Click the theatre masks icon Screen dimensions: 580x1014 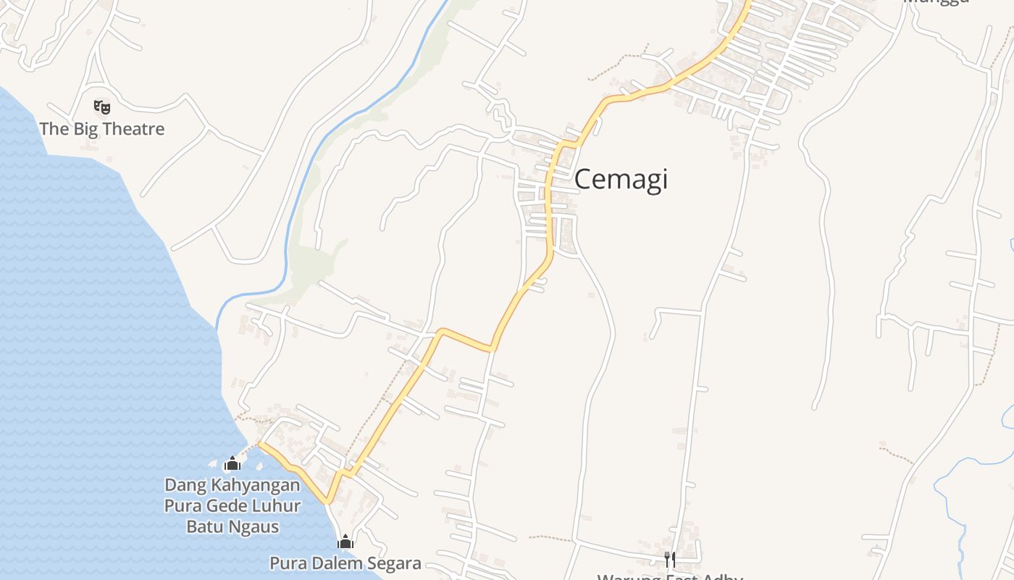pos(102,107)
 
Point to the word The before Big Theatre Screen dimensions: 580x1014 pos(54,130)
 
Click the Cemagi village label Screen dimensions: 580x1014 pos(621,180)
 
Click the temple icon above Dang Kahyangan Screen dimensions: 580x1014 pos(232,463)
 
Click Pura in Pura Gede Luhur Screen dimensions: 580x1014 pos(180,505)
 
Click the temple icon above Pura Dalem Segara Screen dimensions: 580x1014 pos(345,542)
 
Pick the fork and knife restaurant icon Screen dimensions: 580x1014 pos(670,558)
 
